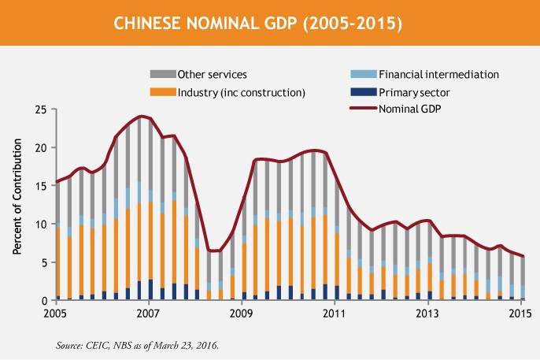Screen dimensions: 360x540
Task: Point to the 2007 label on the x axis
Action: click(x=149, y=314)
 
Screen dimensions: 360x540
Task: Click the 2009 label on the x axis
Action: click(x=242, y=314)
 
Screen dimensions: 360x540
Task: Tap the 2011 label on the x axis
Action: click(x=335, y=314)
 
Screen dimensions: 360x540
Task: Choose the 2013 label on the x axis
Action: click(x=427, y=314)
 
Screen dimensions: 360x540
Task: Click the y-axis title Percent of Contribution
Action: click(x=17, y=204)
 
